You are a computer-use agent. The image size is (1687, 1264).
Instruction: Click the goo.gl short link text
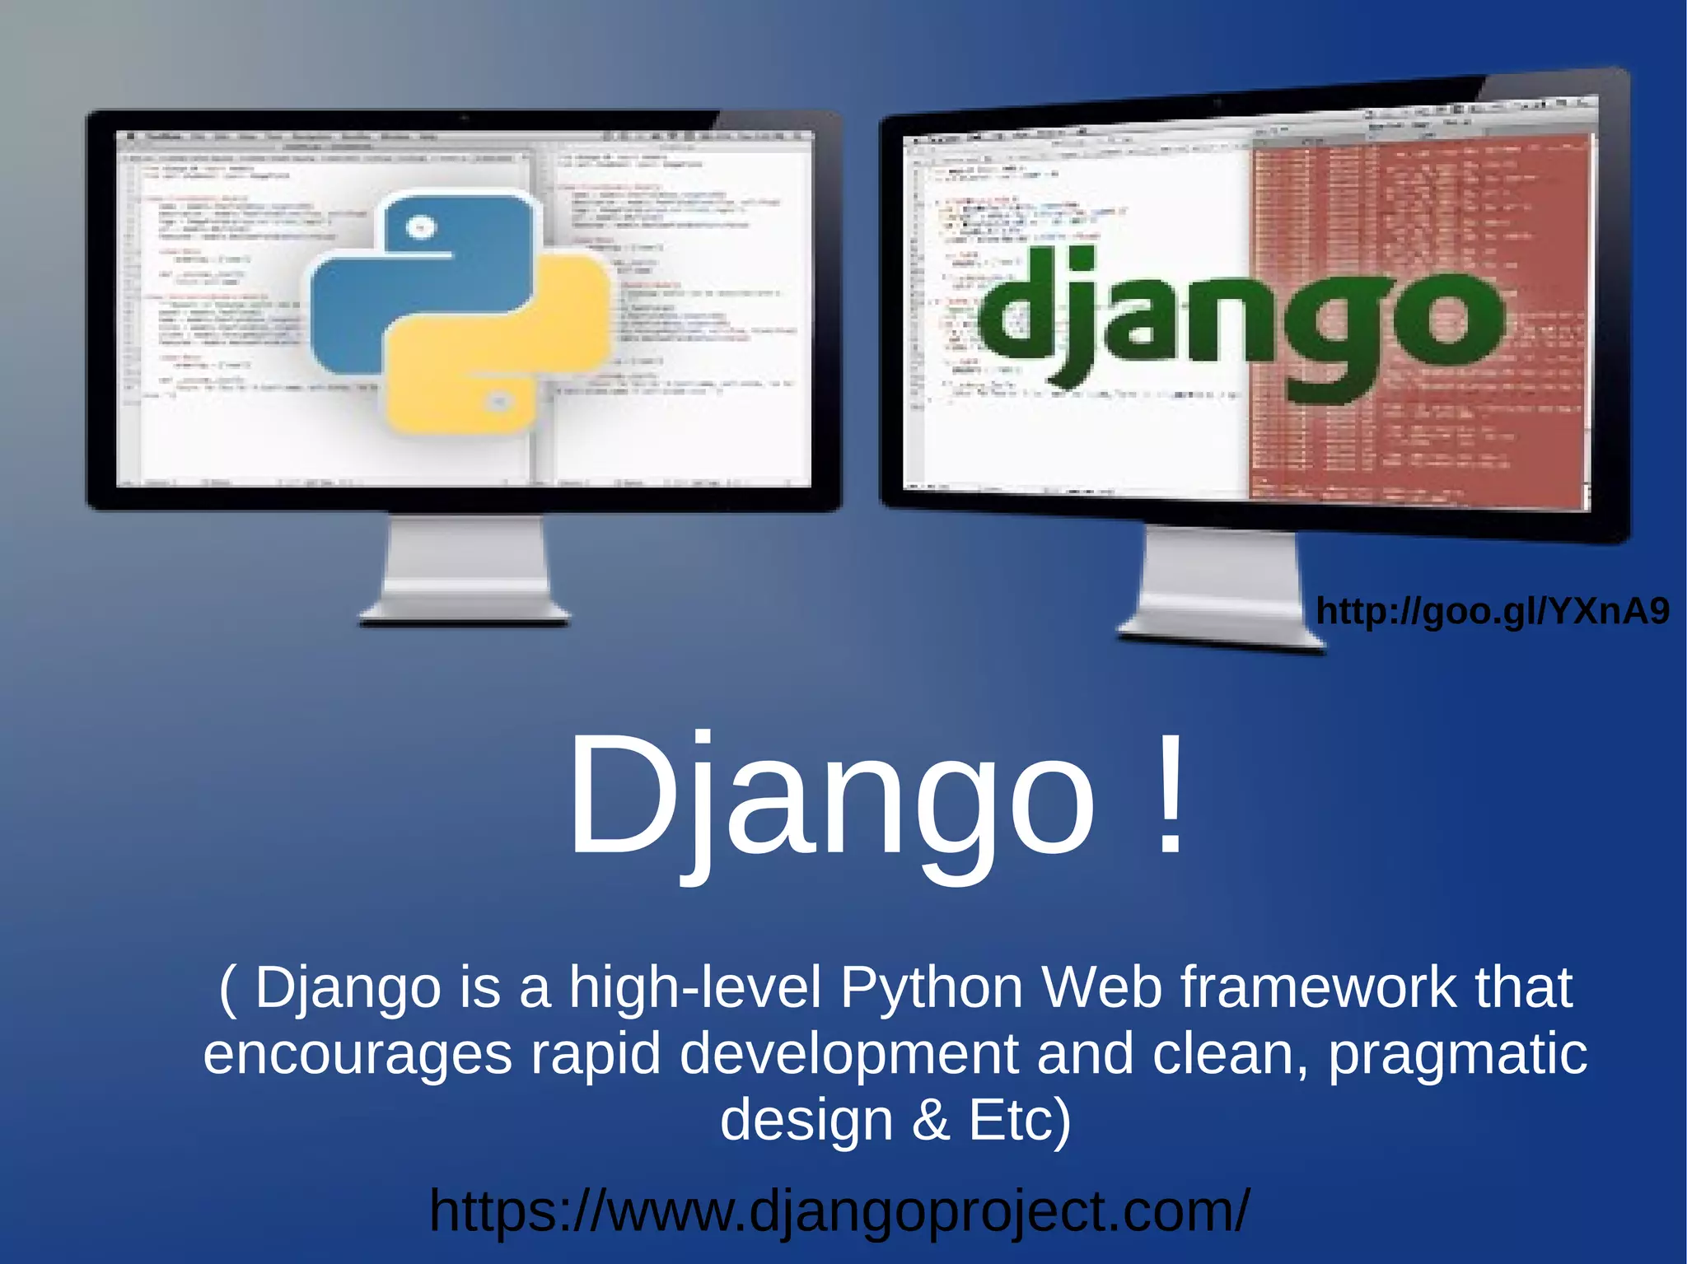[x=1493, y=611]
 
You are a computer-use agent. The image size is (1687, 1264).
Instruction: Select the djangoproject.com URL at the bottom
[x=839, y=1210]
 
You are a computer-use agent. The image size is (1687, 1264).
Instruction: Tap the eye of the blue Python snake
[x=420, y=226]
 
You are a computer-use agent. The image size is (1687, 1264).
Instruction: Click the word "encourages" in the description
[x=357, y=1054]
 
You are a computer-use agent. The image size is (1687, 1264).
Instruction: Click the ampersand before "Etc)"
[x=931, y=1120]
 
